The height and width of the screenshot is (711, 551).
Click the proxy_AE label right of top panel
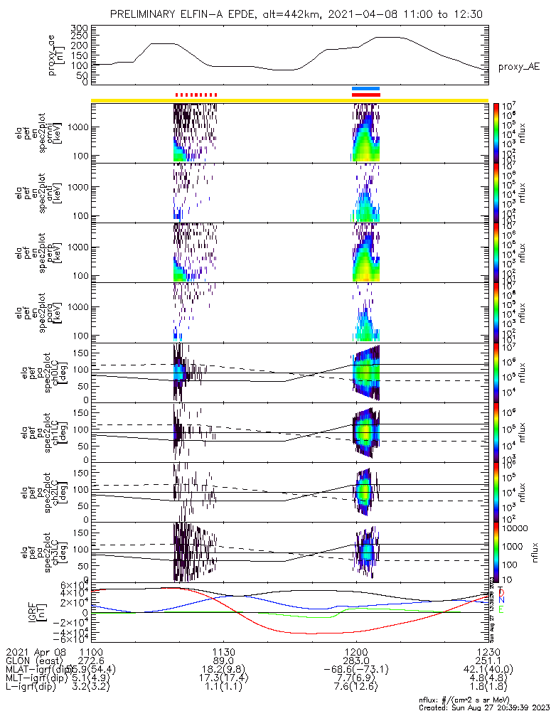click(518, 67)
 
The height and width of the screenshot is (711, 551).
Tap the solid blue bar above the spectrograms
click(366, 88)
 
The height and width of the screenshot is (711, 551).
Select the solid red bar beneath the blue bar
click(366, 94)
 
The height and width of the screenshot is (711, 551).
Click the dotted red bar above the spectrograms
click(196, 94)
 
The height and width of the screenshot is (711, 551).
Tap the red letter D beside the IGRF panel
click(501, 592)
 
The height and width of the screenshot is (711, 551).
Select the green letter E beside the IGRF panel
click(501, 609)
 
